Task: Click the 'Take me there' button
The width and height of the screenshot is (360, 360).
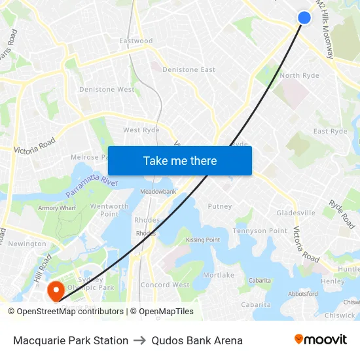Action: (x=180, y=161)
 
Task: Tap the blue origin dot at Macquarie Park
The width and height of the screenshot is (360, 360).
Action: (x=304, y=18)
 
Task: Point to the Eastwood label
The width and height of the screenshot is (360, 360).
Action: (x=136, y=41)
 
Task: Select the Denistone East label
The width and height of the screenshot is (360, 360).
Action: (x=189, y=70)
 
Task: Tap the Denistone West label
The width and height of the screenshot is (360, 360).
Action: (x=107, y=90)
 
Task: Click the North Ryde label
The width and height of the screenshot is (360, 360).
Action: (x=299, y=76)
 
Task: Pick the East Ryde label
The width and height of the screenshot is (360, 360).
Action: (x=330, y=132)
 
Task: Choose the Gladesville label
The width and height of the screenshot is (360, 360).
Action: (x=296, y=213)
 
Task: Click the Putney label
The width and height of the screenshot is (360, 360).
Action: (x=220, y=207)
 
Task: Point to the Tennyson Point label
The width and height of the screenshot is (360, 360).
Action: (x=260, y=231)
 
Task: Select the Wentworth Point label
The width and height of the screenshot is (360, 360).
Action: (x=109, y=210)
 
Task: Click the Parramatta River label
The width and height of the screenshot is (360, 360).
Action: (x=92, y=189)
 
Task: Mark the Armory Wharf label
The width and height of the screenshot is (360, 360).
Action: (x=57, y=208)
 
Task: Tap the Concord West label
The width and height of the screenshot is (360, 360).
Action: (x=165, y=285)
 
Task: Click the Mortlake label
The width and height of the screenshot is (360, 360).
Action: (x=219, y=276)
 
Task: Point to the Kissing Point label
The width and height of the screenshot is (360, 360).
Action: (x=203, y=240)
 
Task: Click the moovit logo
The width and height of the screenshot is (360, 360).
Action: (x=320, y=340)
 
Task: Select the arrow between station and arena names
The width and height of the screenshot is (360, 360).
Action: (x=139, y=340)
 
